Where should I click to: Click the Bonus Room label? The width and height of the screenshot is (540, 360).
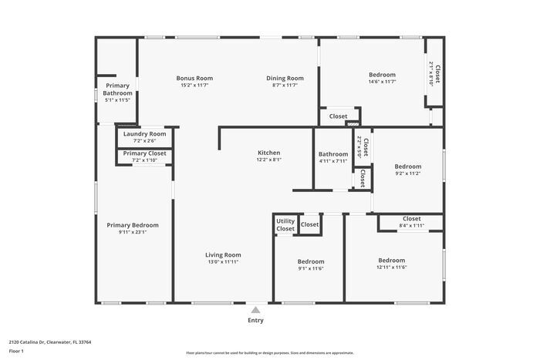coord(194,78)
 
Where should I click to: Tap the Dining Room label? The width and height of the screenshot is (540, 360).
coord(285,78)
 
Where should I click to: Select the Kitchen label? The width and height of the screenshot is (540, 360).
coord(268,153)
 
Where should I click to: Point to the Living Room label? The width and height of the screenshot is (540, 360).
coord(223,255)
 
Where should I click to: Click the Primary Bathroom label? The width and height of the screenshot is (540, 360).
coord(117,89)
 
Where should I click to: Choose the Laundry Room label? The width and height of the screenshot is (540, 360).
coord(145,134)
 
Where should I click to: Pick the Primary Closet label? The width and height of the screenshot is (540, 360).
coord(145,153)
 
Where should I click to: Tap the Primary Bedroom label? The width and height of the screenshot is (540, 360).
coord(133,225)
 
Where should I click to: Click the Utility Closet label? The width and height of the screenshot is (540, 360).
coord(285,225)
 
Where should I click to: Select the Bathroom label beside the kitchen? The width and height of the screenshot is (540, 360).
coord(333,154)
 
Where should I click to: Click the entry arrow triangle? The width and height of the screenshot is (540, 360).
coord(255,309)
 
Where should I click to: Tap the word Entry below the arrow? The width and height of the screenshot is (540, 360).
coord(255,320)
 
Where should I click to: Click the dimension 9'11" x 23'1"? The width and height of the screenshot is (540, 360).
coord(133,232)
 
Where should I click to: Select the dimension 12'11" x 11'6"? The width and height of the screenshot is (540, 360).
coord(392,267)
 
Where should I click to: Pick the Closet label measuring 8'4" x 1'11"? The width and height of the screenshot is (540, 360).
coord(411,219)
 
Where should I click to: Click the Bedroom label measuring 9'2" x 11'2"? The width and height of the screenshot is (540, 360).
coord(408,167)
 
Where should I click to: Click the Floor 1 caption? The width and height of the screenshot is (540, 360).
coord(17,351)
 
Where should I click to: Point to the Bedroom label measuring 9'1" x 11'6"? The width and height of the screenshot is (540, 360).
coord(311,261)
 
